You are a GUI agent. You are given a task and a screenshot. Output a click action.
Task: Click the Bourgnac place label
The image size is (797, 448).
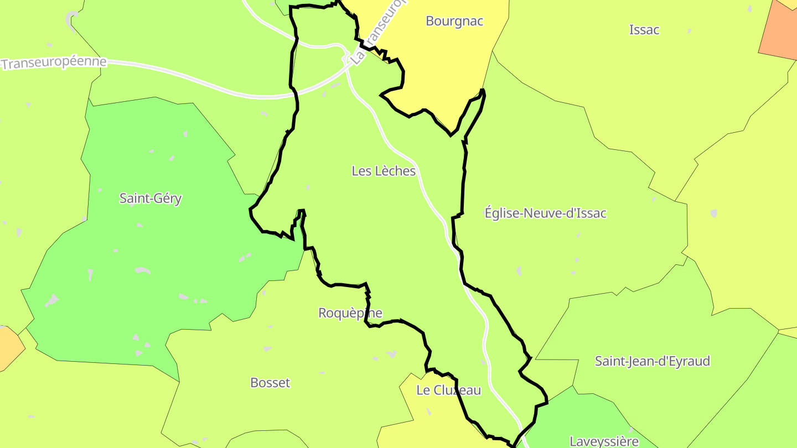[454, 21]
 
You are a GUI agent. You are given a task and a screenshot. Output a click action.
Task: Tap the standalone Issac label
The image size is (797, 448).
[644, 30]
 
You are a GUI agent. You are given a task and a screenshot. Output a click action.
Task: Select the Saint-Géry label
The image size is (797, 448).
[151, 199]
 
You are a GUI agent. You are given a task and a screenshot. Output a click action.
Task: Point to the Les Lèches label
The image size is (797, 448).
[384, 171]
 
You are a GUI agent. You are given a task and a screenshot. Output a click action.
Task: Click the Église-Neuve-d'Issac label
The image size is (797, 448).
[545, 213]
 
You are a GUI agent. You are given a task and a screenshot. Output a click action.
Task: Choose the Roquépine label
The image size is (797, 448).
[350, 313]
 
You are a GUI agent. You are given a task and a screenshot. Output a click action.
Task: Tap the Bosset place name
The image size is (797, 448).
[270, 383]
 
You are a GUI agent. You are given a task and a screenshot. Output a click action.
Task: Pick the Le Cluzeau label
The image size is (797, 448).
[448, 390]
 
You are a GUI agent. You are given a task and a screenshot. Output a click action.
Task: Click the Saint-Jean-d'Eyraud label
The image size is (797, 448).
[652, 362]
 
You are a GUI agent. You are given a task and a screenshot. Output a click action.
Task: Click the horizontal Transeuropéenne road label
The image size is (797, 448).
[53, 62]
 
